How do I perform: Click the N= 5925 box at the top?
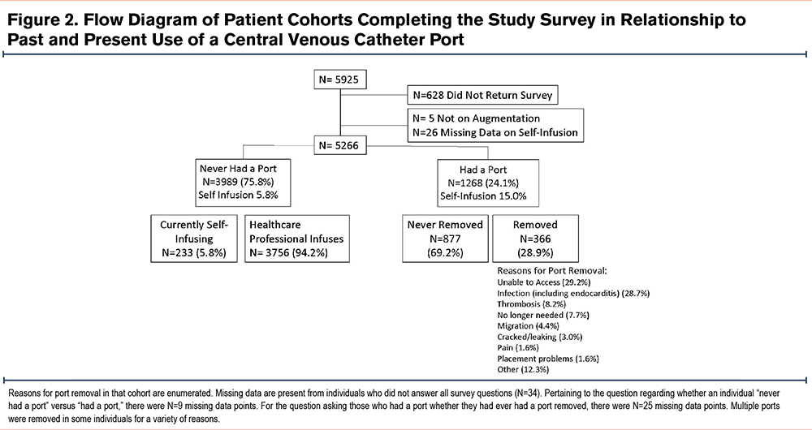340,80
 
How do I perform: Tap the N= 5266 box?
340,146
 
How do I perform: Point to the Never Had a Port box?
238,182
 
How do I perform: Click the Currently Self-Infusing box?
194,239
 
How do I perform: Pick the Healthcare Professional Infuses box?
296,239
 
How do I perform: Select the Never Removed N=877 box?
445,239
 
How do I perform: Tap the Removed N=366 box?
535,239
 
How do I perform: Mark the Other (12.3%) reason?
523,369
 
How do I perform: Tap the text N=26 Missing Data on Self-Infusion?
495,132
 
